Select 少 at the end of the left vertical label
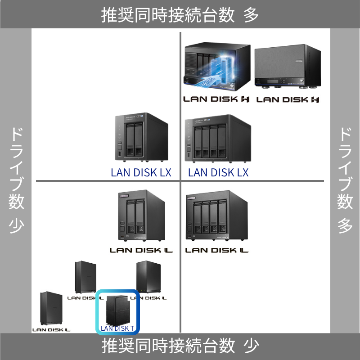coord(16,225)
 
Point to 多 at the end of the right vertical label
coord(345,225)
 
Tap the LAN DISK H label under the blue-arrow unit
coord(216,99)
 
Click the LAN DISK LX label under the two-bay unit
coord(141,172)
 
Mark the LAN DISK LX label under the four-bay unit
coord(218,172)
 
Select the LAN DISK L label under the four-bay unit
coord(217,250)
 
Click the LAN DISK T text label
coord(117,328)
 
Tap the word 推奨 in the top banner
coord(114,15)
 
